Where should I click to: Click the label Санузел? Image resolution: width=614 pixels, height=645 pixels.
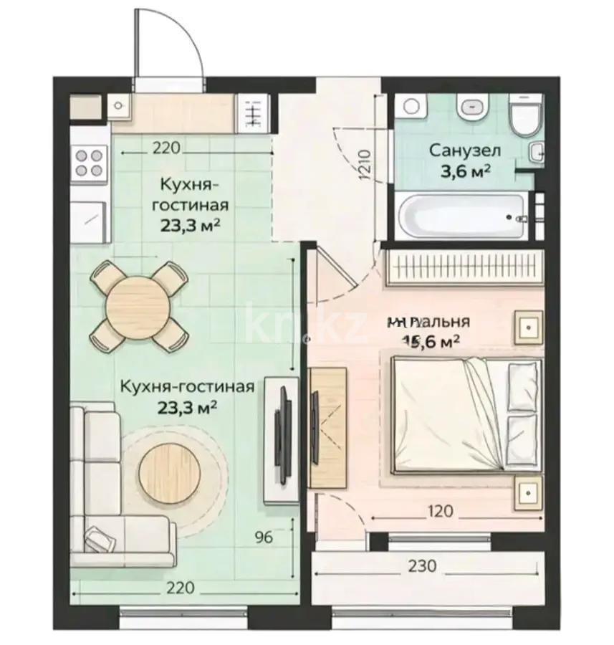tap(465, 150)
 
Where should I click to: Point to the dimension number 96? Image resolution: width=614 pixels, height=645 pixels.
tap(264, 537)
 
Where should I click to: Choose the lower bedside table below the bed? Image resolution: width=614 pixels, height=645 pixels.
tap(528, 493)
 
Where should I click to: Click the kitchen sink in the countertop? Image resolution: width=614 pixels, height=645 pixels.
tap(120, 106)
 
